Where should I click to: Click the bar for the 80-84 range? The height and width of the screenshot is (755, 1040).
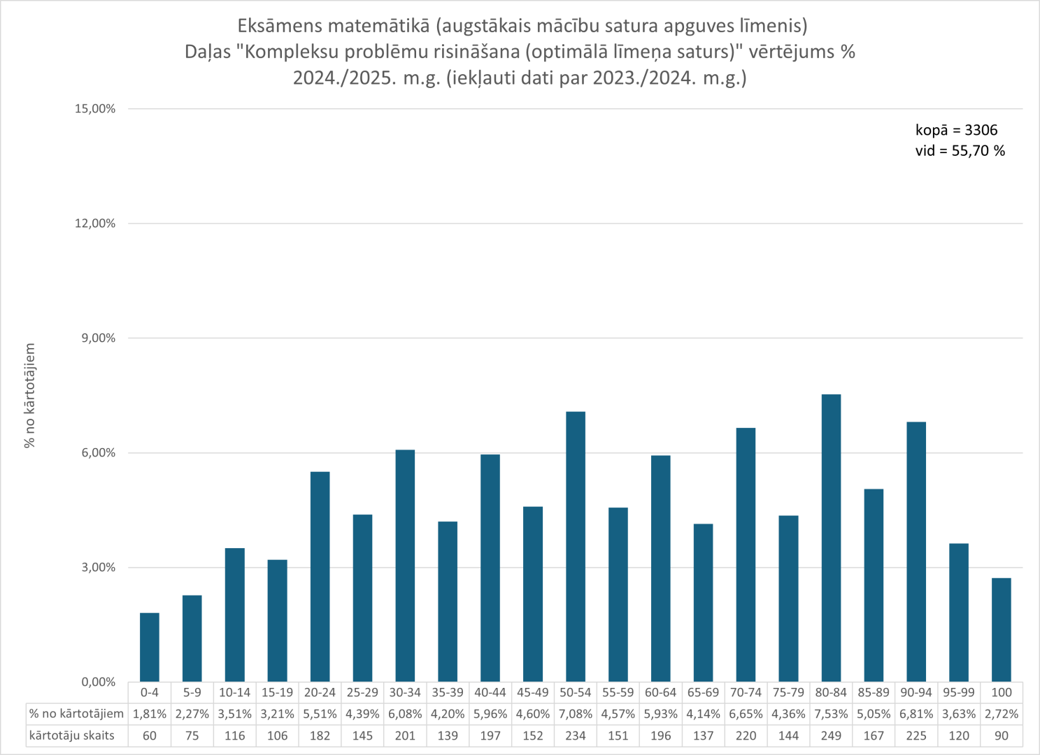(831, 538)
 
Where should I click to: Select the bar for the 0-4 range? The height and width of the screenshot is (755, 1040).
(150, 647)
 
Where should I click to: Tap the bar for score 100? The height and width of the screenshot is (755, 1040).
(1001, 630)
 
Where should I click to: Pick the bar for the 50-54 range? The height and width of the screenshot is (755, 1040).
(576, 547)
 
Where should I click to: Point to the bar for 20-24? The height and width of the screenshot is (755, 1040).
(320, 577)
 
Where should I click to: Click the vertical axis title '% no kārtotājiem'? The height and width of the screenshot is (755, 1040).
(29, 396)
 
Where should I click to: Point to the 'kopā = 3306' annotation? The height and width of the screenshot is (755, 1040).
(956, 130)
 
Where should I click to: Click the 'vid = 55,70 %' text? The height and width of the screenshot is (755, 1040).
(960, 151)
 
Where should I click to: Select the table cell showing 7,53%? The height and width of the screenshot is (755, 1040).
(831, 714)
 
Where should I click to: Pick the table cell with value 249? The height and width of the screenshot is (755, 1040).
(831, 735)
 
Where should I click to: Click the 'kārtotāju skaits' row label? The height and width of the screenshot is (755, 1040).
(71, 735)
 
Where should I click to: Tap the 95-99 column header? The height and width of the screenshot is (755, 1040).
(958, 693)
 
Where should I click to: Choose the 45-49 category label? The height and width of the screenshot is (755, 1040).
(533, 693)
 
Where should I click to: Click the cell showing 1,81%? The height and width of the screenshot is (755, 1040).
(150, 714)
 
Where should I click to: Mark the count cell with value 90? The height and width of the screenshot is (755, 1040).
(1001, 735)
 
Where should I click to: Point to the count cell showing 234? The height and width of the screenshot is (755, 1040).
(576, 735)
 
